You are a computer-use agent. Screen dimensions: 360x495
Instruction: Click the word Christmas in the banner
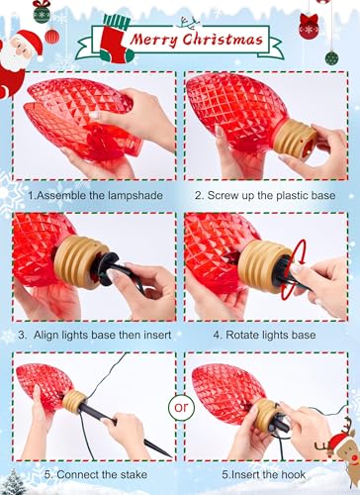pos(223,40)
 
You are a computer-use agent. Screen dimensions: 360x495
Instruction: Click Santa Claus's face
pos(19,50)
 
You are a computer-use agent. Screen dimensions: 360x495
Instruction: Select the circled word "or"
pos(181,407)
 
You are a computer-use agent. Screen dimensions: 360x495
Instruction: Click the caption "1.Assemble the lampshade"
pos(95,195)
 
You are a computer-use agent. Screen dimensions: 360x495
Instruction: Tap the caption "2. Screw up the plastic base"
pos(265,195)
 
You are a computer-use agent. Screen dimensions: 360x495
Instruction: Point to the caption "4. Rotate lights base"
pos(264,335)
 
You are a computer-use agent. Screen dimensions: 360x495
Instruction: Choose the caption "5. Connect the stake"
pos(96,474)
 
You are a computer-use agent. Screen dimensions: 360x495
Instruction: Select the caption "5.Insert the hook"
pos(263,474)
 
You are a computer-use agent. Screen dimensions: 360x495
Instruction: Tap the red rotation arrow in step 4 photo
pos(293,269)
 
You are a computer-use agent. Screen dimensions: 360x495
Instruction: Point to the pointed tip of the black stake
pos(169,455)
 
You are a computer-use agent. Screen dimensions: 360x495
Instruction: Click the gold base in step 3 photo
pos(80,262)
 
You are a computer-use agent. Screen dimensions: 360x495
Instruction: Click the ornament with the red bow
pos(310,26)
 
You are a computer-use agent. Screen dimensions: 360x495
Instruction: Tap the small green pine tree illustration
pos(14,482)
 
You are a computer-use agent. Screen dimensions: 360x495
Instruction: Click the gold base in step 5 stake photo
pos(74,402)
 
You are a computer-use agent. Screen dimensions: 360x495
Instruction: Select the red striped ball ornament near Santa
pos(52,36)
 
